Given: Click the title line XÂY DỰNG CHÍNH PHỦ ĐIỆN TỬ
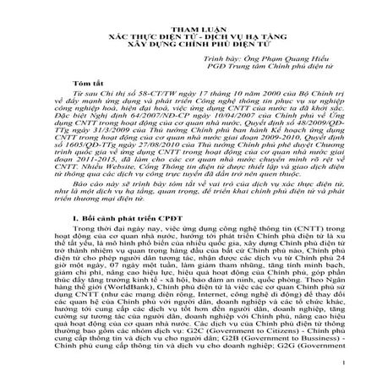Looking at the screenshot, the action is pyautogui.click(x=191, y=35).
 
